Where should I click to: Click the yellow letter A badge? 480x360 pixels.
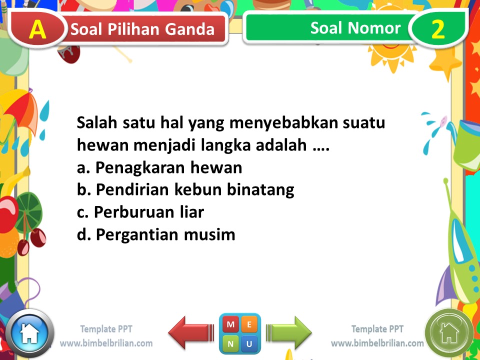(x=37, y=29)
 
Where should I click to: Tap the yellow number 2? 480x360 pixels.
(x=438, y=29)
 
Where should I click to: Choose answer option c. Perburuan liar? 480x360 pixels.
(x=140, y=212)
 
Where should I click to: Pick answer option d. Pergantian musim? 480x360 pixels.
(x=156, y=234)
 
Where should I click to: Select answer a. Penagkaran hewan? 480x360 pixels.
(x=159, y=167)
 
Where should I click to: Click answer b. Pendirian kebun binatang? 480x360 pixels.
(x=185, y=190)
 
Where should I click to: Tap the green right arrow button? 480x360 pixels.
(x=288, y=333)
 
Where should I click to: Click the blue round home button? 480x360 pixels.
(x=29, y=333)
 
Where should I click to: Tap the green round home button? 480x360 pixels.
(x=449, y=333)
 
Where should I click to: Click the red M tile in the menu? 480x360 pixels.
(x=230, y=324)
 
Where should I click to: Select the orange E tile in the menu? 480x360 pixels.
(x=249, y=324)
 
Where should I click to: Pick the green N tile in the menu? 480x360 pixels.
(x=230, y=343)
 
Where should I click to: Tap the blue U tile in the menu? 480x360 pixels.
(x=249, y=343)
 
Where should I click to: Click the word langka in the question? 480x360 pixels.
(x=225, y=145)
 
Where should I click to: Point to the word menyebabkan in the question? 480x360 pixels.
(x=283, y=123)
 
